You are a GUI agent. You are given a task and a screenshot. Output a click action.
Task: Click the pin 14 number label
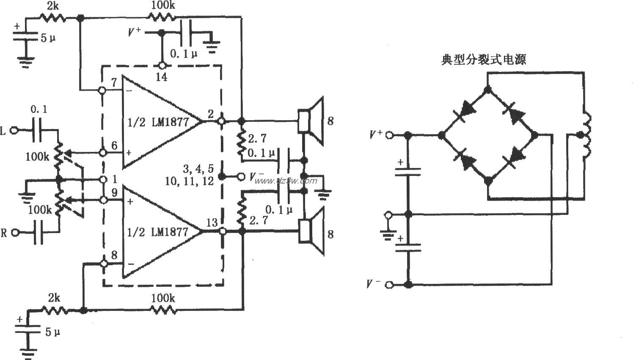coord(162,77)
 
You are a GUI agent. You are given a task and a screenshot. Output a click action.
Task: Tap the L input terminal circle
coord(15,131)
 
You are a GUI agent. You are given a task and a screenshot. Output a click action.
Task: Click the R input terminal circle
coord(15,232)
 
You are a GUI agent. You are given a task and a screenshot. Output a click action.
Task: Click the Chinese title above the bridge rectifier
coord(484,60)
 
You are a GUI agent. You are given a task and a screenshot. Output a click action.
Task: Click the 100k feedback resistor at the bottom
coord(163,310)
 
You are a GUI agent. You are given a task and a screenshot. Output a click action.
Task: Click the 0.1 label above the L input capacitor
coord(39,110)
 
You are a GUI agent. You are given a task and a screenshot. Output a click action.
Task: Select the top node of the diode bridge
coord(487,89)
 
